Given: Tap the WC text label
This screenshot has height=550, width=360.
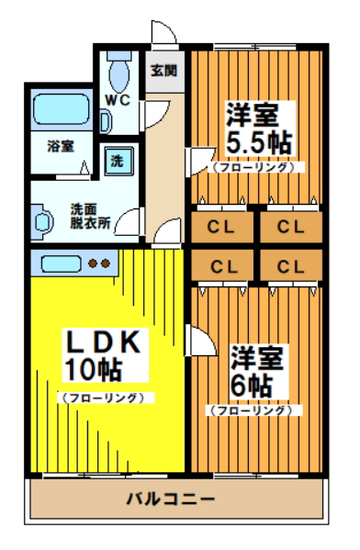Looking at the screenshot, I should coord(118,99).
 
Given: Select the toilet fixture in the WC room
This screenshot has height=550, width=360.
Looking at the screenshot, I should coord(118,68).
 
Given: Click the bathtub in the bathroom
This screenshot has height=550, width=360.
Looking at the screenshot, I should coord(61,111).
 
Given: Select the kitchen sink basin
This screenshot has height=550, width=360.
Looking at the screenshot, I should coord(60,264).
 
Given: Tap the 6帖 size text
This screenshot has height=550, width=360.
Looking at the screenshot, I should coord(249,384).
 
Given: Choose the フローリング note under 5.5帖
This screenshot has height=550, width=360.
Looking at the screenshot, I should coord(254,168).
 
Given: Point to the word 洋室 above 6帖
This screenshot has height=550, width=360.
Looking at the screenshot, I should coord(254,356).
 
